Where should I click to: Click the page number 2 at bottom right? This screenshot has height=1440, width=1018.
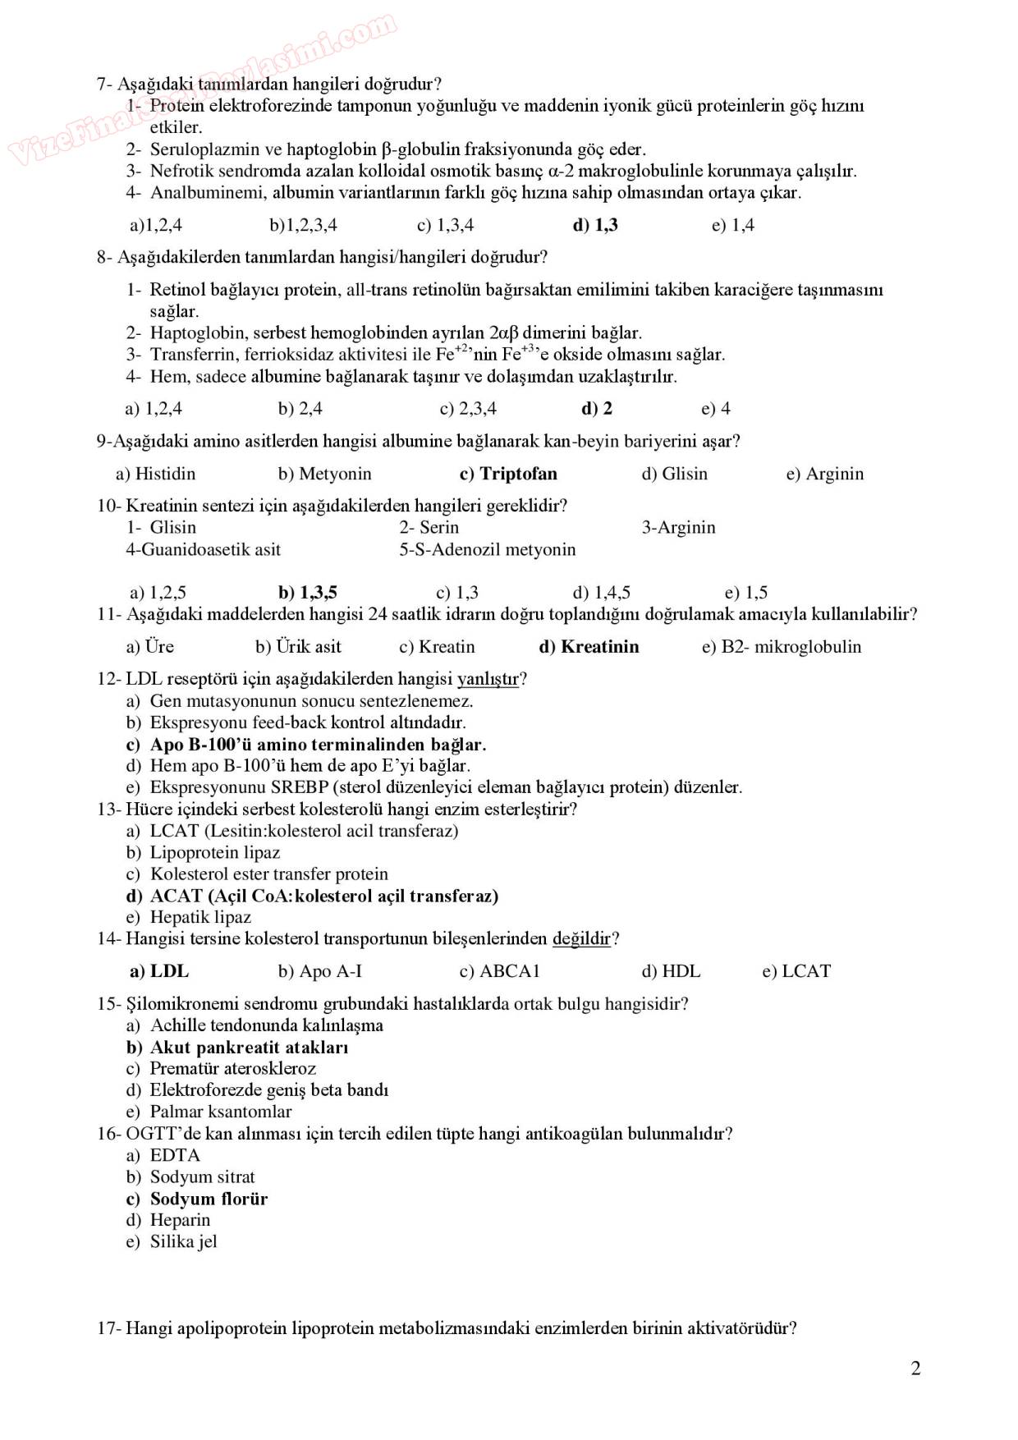pyautogui.click(x=915, y=1369)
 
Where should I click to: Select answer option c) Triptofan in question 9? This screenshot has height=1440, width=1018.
pyautogui.click(x=508, y=474)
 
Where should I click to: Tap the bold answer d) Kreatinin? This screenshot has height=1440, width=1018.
pyautogui.click(x=588, y=647)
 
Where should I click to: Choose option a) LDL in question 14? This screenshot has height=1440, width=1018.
pyautogui.click(x=159, y=971)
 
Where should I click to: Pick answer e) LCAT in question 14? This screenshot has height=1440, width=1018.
pyautogui.click(x=796, y=971)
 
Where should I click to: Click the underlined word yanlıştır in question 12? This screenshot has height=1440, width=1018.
pyautogui.click(x=488, y=679)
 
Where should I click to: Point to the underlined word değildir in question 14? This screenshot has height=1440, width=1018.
pyautogui.click(x=581, y=938)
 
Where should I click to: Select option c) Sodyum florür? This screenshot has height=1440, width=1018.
pyautogui.click(x=197, y=1199)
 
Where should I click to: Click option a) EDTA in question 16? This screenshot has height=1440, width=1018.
pyautogui.click(x=163, y=1155)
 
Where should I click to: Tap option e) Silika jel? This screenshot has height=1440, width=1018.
pyautogui.click(x=172, y=1242)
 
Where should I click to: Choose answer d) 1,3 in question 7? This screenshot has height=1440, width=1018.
pyautogui.click(x=595, y=225)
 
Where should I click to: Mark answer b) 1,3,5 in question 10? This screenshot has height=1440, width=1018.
pyautogui.click(x=308, y=593)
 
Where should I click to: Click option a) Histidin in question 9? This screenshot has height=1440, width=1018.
pyautogui.click(x=156, y=474)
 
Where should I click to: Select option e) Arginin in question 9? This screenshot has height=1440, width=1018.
pyautogui.click(x=824, y=474)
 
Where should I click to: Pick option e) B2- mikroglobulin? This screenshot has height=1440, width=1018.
pyautogui.click(x=781, y=647)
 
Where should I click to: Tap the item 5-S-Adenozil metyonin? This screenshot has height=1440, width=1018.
pyautogui.click(x=488, y=549)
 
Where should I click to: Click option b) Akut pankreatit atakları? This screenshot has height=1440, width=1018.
pyautogui.click(x=237, y=1048)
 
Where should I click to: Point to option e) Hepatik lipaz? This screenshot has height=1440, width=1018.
pyautogui.click(x=189, y=917)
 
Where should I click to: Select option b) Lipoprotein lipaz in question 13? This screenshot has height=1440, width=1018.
pyautogui.click(x=203, y=852)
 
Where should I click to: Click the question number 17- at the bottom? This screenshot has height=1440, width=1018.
pyautogui.click(x=109, y=1328)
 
